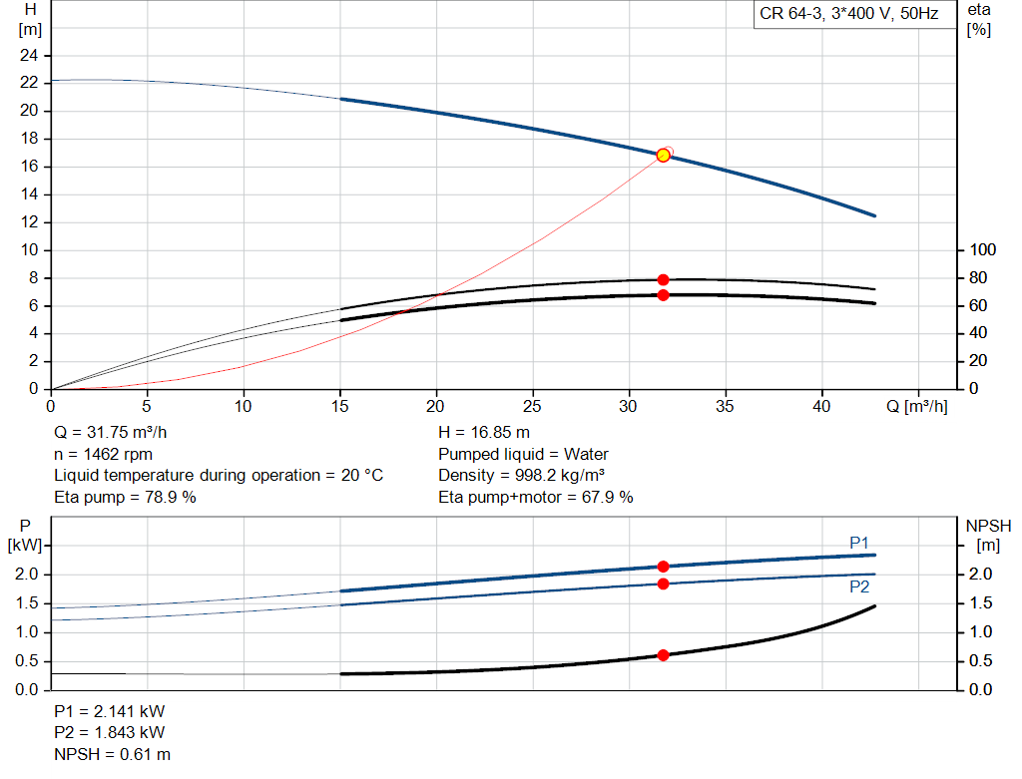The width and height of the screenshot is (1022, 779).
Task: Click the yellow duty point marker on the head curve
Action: (663, 155)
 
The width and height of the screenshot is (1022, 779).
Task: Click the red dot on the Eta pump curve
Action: (663, 280)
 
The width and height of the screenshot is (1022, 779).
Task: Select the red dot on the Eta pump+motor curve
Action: (663, 295)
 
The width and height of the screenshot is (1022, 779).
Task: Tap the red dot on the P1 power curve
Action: (663, 567)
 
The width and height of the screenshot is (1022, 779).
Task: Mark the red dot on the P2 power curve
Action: (663, 584)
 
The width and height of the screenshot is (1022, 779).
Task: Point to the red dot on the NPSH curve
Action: (663, 655)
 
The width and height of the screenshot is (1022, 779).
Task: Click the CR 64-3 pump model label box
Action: (849, 14)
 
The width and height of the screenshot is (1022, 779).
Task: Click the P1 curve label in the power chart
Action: (859, 544)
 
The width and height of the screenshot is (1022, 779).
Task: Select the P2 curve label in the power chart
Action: (859, 586)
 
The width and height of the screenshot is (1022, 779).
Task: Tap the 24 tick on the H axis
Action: (29, 56)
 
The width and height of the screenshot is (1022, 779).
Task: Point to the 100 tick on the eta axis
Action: (982, 250)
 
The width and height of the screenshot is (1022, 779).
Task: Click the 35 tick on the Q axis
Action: (725, 406)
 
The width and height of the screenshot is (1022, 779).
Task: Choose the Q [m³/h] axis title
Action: (917, 406)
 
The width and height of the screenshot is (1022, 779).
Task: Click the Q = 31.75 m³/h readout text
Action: (110, 433)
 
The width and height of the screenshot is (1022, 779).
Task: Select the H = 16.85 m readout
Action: (484, 433)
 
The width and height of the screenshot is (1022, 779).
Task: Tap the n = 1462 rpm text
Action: (103, 454)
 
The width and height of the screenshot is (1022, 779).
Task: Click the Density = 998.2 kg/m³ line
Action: (521, 476)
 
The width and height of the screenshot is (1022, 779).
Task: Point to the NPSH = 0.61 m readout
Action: (112, 754)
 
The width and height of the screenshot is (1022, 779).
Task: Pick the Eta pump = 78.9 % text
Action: (125, 498)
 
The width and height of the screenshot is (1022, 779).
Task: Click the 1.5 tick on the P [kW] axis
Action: (27, 603)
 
